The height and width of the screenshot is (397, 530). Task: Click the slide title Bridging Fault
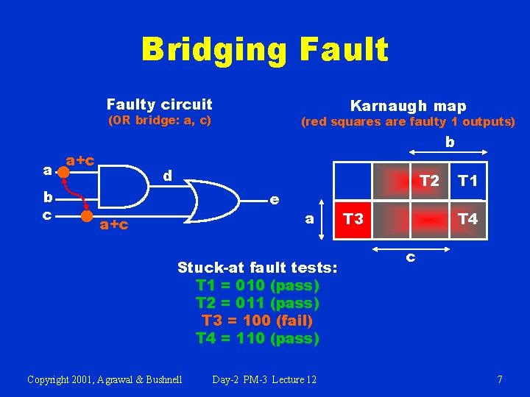pyautogui.click(x=264, y=50)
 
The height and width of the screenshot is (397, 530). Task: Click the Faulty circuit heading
pyautogui.click(x=159, y=104)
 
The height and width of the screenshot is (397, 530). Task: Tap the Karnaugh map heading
pyautogui.click(x=408, y=106)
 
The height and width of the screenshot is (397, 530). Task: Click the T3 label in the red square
pyautogui.click(x=353, y=219)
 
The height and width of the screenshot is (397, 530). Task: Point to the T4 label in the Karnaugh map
pyautogui.click(x=467, y=219)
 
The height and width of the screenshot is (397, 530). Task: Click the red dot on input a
pyautogui.click(x=63, y=171)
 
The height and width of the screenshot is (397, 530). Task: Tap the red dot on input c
pyautogui.click(x=87, y=215)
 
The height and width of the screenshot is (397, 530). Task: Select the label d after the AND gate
pyautogui.click(x=168, y=176)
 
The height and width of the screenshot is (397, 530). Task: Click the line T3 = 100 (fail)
pyautogui.click(x=258, y=321)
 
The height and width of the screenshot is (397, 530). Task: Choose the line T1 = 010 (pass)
pyautogui.click(x=258, y=285)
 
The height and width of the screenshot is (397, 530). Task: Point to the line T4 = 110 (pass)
pyautogui.click(x=258, y=338)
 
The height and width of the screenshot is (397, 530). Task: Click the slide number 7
pyautogui.click(x=500, y=379)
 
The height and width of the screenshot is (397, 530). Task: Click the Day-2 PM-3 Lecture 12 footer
pyautogui.click(x=264, y=379)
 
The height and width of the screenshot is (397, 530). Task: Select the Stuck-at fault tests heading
pyautogui.click(x=258, y=267)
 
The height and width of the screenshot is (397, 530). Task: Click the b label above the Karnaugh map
pyautogui.click(x=450, y=142)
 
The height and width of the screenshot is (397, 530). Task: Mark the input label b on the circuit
pyautogui.click(x=47, y=197)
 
